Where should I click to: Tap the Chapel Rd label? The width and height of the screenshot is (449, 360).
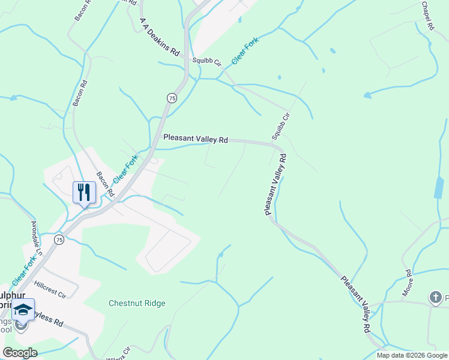point(427,16)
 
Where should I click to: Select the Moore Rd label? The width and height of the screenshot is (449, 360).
point(409,281)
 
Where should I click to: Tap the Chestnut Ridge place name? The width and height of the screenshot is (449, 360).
point(137,303)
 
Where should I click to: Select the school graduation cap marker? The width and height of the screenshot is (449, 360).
point(23,310)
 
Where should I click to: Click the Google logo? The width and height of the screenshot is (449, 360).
point(20,353)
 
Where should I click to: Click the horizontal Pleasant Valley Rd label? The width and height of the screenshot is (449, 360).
point(196,139)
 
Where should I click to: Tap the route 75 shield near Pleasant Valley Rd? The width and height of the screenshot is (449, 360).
point(172,98)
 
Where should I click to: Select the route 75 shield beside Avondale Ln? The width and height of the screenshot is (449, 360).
point(59,239)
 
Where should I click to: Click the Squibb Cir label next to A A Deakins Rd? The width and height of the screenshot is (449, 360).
point(206,61)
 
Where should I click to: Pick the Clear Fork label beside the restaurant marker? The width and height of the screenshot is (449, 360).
point(125,169)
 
